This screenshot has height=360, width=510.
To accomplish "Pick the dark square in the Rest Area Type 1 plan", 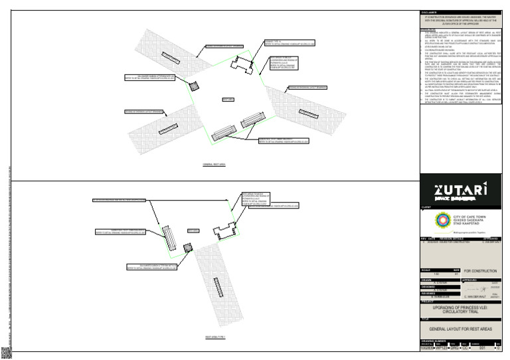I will coord(188,247).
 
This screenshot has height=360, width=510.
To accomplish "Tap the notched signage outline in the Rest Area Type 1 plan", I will coord(224,232).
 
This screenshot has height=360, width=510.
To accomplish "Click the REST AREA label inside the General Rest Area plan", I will coord(227,99).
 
